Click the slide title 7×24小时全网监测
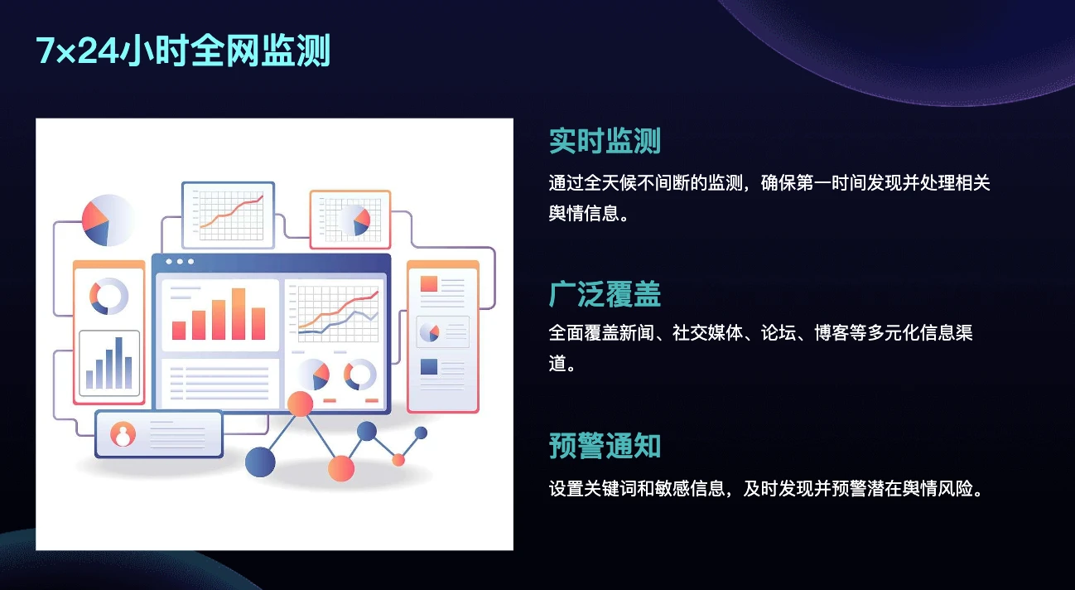(x=183, y=51)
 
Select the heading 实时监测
(x=605, y=141)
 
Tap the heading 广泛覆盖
(x=605, y=294)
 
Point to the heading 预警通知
(x=605, y=446)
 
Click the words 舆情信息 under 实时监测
(x=584, y=213)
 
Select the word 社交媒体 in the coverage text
(x=707, y=332)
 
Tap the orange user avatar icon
(x=123, y=434)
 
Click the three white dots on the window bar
(x=180, y=262)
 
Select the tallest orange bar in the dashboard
(x=239, y=314)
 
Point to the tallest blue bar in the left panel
(x=118, y=362)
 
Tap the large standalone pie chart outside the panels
(x=107, y=220)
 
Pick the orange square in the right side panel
(x=429, y=283)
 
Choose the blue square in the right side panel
(x=429, y=367)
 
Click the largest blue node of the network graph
(x=260, y=462)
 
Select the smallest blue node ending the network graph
(x=421, y=433)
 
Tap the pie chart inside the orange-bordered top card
(x=354, y=220)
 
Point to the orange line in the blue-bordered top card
(x=232, y=210)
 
